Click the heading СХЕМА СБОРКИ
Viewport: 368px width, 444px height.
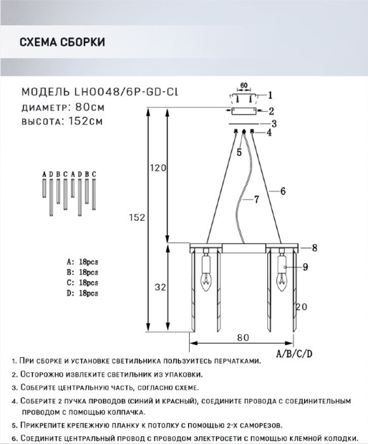[62, 42]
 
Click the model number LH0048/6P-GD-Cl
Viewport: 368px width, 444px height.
[126, 92]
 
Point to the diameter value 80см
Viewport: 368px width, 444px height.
[90, 107]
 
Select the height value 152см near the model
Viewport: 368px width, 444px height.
[86, 121]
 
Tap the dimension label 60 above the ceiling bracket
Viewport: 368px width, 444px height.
[244, 85]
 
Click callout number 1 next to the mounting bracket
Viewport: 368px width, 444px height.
[270, 95]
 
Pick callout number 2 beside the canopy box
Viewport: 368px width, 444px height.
[272, 111]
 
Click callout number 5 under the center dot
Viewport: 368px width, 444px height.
[239, 152]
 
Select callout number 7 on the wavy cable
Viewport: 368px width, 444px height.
[256, 200]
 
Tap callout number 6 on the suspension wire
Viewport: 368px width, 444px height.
[283, 192]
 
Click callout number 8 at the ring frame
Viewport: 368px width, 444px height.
[315, 248]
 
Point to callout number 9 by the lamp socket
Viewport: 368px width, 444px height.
[305, 267]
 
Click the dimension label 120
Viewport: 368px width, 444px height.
[158, 168]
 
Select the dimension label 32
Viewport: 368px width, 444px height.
[161, 287]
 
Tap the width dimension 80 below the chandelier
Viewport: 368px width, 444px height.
[244, 337]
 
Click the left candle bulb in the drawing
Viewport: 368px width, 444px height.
[206, 282]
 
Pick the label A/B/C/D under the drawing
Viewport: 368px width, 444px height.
[294, 354]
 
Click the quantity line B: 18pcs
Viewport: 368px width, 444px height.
[82, 272]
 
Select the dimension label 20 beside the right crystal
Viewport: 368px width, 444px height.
[301, 307]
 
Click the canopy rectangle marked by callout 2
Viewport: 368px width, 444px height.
[244, 111]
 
